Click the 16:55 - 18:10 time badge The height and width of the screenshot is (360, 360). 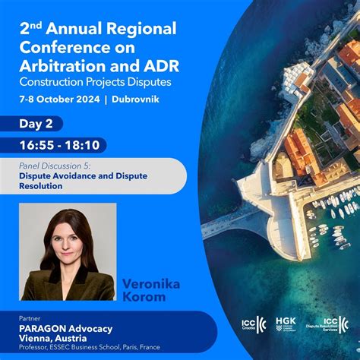coord(61,145)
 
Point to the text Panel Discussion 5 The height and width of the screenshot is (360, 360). coord(55,164)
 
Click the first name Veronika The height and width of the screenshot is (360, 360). coord(152,283)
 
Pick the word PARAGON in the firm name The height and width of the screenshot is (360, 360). coord(46,329)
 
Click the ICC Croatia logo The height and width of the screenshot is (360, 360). coord(253,324)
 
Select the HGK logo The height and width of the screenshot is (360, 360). coord(286,324)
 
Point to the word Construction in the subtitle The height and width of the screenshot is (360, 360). coord(54,81)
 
